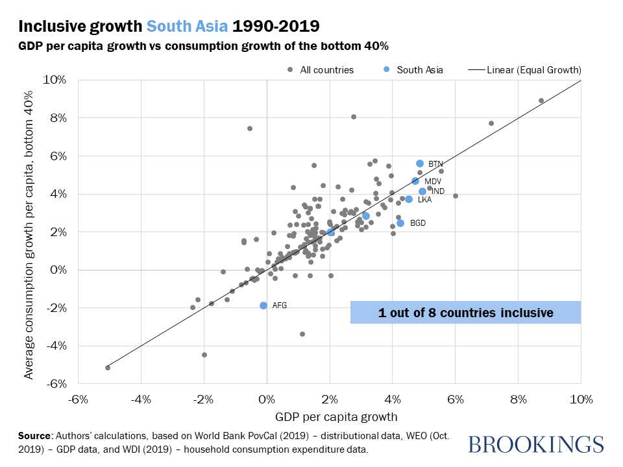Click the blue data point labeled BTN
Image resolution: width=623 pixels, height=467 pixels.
pyautogui.click(x=420, y=163)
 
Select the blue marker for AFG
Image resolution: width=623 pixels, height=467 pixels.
pyautogui.click(x=263, y=305)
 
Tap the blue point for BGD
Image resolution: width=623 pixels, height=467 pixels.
pyautogui.click(x=400, y=223)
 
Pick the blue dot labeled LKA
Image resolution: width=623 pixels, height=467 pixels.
pyautogui.click(x=409, y=199)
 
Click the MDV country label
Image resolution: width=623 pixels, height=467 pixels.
pyautogui.click(x=433, y=182)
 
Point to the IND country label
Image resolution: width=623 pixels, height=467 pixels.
pyautogui.click(x=438, y=191)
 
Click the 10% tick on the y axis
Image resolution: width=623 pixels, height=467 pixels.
pyautogui.click(x=55, y=80)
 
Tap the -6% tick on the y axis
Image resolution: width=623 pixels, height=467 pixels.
pyautogui.click(x=55, y=384)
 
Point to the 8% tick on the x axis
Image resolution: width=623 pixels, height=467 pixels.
pyautogui.click(x=518, y=398)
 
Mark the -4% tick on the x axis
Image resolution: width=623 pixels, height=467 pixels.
pyautogui.click(x=141, y=398)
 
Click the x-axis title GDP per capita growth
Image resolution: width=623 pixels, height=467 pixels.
pyautogui.click(x=328, y=416)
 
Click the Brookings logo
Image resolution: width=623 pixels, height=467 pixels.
pyautogui.click(x=535, y=444)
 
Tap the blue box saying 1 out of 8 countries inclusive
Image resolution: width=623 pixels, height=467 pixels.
pyautogui.click(x=465, y=313)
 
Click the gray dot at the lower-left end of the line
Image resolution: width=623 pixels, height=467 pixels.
pyautogui.click(x=108, y=368)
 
